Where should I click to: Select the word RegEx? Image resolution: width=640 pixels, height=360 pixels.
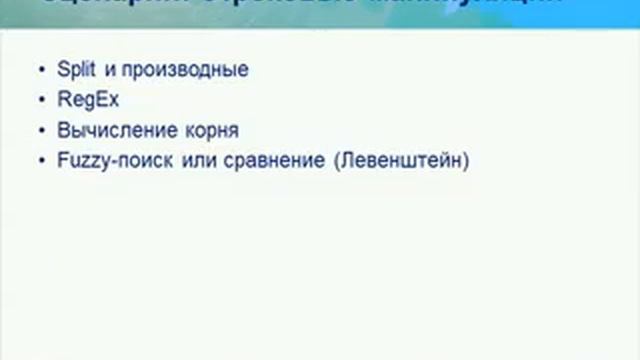[x=83, y=100]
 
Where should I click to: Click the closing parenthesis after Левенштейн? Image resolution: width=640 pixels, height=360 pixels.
[x=465, y=160]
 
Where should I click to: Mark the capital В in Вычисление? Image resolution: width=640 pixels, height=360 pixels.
[x=64, y=130]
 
